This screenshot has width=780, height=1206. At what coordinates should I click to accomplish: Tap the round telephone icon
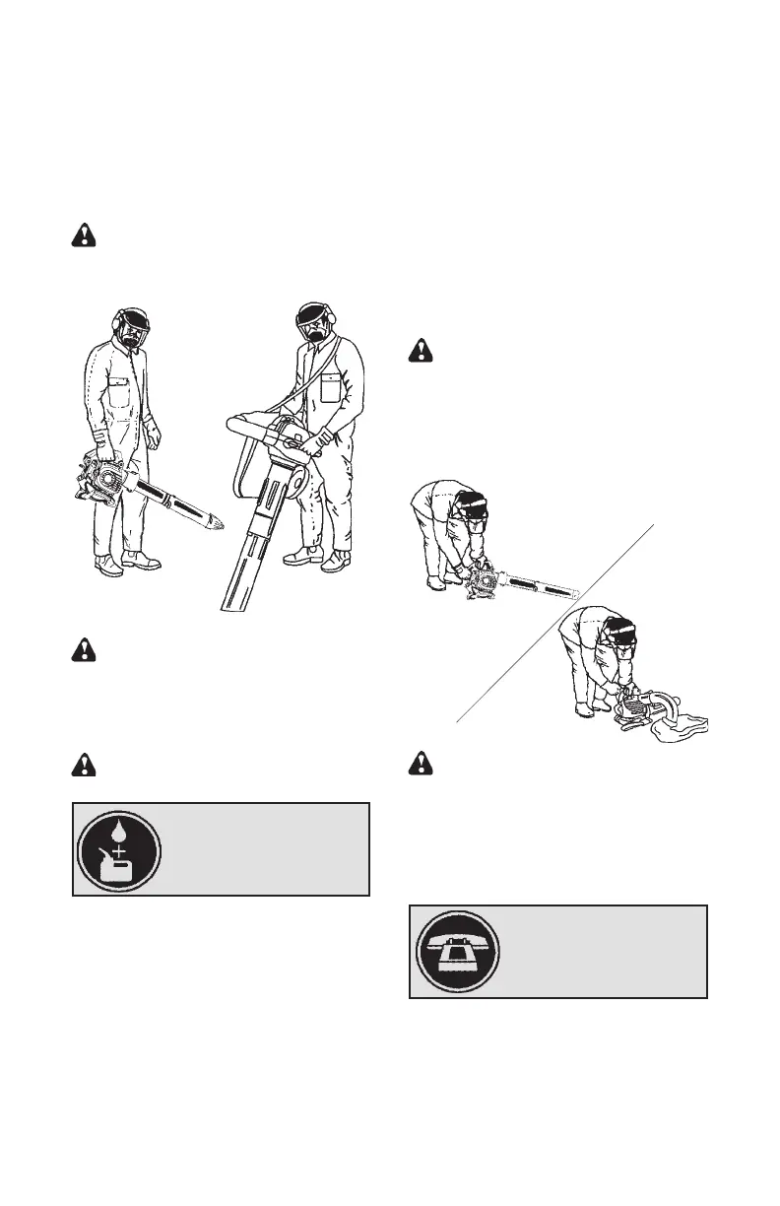pyautogui.click(x=458, y=952)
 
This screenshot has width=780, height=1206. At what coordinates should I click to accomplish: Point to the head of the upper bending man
pyautogui.click(x=475, y=503)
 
